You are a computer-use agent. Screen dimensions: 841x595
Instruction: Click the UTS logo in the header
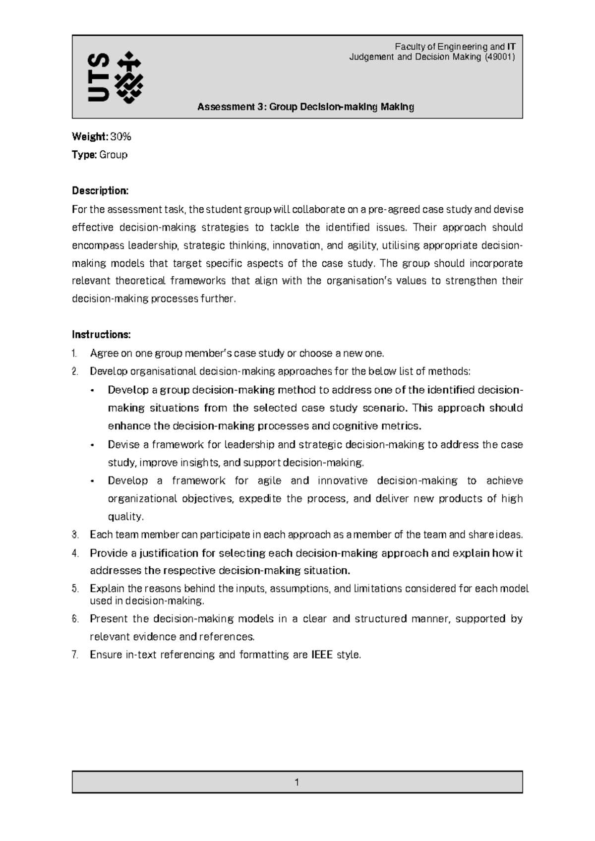click(x=115, y=77)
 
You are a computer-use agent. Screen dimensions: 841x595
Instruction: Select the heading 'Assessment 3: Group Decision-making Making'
click(x=305, y=107)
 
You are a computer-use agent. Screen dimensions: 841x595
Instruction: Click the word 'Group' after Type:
click(x=114, y=155)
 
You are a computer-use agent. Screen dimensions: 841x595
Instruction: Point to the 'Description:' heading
click(x=100, y=191)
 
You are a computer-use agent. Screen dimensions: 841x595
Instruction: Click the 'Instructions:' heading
click(x=101, y=335)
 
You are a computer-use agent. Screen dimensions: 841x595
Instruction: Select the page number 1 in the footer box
click(x=297, y=782)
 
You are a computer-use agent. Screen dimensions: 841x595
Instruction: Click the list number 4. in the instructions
click(x=75, y=553)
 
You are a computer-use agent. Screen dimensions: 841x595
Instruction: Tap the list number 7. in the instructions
click(x=75, y=655)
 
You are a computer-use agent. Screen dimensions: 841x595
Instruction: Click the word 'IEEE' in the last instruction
click(x=322, y=655)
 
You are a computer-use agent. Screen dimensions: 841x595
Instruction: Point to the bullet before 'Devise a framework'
click(x=93, y=445)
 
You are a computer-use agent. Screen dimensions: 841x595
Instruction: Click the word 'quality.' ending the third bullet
click(x=126, y=517)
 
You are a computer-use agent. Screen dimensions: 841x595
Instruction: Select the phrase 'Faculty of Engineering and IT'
click(x=455, y=47)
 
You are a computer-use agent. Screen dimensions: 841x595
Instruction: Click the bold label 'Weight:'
click(x=90, y=136)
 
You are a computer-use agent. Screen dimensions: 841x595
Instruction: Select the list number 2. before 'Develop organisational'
click(x=75, y=371)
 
